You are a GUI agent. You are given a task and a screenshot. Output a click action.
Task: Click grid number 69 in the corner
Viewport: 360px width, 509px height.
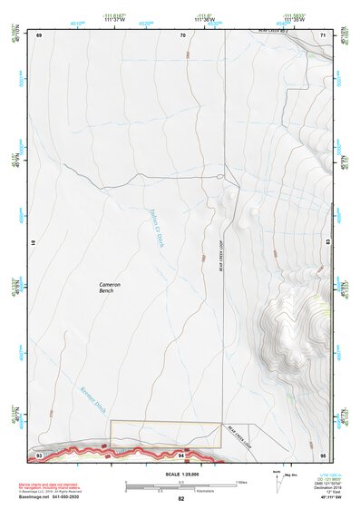pyautogui.click(x=39, y=34)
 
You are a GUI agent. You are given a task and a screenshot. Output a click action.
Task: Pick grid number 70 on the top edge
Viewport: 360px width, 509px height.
pyautogui.click(x=182, y=34)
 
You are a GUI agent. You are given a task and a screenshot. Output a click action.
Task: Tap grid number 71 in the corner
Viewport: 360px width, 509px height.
pyautogui.click(x=324, y=34)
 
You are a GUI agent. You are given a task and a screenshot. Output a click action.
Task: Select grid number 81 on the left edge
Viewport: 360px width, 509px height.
pyautogui.click(x=33, y=243)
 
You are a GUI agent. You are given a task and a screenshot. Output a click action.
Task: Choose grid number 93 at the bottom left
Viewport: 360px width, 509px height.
pyautogui.click(x=39, y=454)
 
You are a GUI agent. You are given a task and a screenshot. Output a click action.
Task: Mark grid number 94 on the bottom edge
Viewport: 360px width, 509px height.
pyautogui.click(x=182, y=454)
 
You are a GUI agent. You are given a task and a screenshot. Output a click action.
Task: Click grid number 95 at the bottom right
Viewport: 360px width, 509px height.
pyautogui.click(x=323, y=454)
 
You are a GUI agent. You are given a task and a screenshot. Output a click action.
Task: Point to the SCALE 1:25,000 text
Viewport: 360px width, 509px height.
pyautogui.click(x=180, y=474)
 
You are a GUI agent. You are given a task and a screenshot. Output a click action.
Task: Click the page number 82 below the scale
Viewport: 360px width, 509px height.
pyautogui.click(x=180, y=499)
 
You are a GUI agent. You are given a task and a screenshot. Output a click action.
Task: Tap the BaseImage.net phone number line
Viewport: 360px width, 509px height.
pyautogui.click(x=57, y=497)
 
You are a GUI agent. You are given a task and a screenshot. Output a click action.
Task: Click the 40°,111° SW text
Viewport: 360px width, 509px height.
pyautogui.click(x=322, y=498)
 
